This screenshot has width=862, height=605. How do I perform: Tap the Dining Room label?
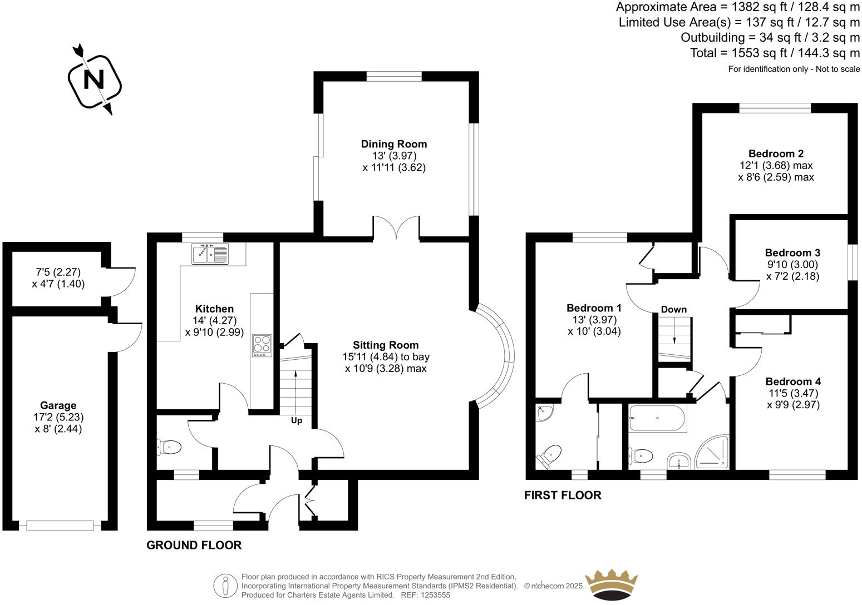coord(394,144)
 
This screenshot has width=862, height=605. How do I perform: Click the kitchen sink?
coord(210,254)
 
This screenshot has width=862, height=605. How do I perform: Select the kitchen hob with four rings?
coord(262,345)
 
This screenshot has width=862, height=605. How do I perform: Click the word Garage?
coord(58,405)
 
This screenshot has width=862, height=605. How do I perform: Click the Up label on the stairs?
coord(297,420)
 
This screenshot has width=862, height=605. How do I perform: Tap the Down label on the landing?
coord(674,309)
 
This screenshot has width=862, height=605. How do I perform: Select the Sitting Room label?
coord(386,345)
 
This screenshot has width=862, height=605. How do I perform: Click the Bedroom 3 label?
coord(792,252)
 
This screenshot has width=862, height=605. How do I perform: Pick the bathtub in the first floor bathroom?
coord(657,419)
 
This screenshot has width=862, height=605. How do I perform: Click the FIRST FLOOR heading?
coord(563,495)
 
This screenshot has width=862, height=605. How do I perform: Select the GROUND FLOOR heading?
coord(194,546)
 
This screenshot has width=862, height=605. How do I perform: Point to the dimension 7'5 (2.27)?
coord(58,272)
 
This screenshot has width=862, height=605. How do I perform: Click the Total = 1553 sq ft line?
coord(775,53)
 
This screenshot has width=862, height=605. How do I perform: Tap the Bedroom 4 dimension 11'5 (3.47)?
coord(793,393)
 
